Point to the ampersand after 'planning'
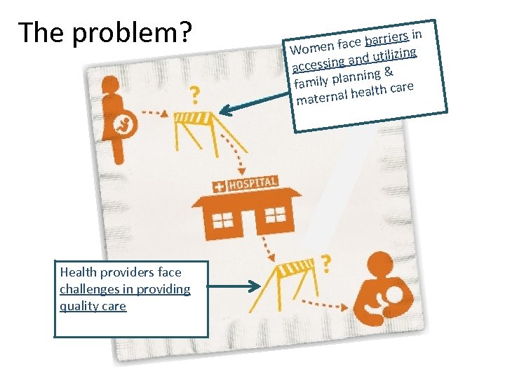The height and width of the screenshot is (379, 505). click(x=388, y=71)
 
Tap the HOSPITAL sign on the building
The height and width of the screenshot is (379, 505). click(x=245, y=184)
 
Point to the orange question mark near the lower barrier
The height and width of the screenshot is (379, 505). click(x=325, y=264)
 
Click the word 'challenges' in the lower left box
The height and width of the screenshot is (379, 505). click(x=86, y=289)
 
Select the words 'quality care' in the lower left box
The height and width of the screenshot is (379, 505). click(x=93, y=306)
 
